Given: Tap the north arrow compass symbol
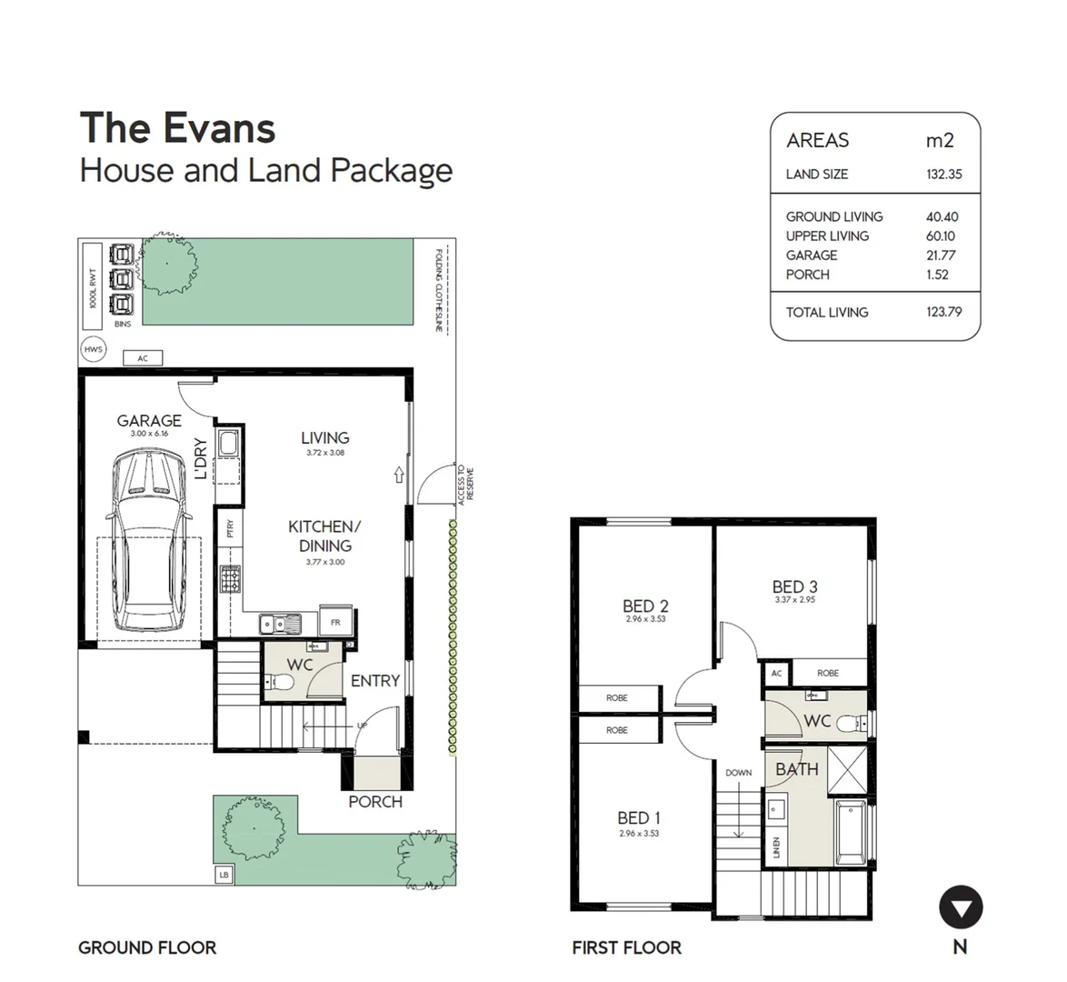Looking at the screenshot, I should [x=960, y=907].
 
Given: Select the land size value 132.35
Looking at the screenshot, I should [x=943, y=175].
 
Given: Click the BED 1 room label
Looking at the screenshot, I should [x=639, y=818].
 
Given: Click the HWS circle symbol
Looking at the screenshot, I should [x=93, y=349].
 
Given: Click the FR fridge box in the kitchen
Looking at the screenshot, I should [x=335, y=623].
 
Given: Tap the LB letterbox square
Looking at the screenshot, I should [x=224, y=875].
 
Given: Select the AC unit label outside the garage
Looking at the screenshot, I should [x=143, y=359].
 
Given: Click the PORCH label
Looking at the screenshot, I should [x=375, y=802].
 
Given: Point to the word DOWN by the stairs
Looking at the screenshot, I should [x=738, y=773].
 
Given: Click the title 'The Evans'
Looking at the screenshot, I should [x=178, y=127].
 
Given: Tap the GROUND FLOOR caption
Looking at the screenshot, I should [x=147, y=947].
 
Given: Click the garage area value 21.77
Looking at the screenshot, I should [x=941, y=256].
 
